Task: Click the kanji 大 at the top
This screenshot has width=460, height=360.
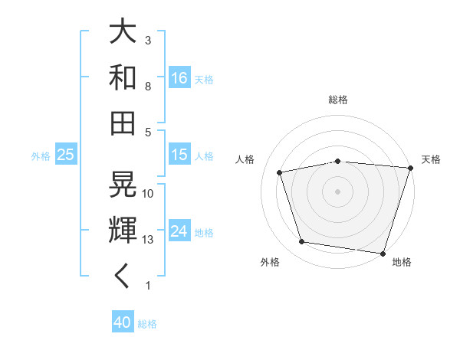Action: (123, 32)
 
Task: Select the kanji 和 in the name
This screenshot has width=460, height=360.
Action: (123, 77)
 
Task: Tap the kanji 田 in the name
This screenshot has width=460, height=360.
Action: (123, 123)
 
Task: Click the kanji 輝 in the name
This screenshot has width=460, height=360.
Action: (123, 230)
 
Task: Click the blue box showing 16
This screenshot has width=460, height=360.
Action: (179, 78)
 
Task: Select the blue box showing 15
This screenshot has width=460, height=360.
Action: (179, 155)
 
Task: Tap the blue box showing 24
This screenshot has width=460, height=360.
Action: (179, 232)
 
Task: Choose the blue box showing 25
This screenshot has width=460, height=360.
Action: (66, 155)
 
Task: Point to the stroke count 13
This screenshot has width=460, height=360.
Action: (148, 240)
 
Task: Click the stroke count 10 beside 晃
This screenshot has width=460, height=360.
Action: (148, 194)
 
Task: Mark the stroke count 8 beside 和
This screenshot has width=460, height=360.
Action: (148, 87)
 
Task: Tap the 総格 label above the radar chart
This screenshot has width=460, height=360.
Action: (338, 100)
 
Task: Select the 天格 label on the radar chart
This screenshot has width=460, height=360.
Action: (431, 159)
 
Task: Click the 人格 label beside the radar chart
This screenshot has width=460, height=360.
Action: (245, 159)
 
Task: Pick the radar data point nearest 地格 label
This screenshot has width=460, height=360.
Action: (383, 253)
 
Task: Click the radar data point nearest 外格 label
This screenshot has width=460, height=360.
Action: (302, 242)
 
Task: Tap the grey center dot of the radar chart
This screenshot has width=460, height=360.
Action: (338, 191)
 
